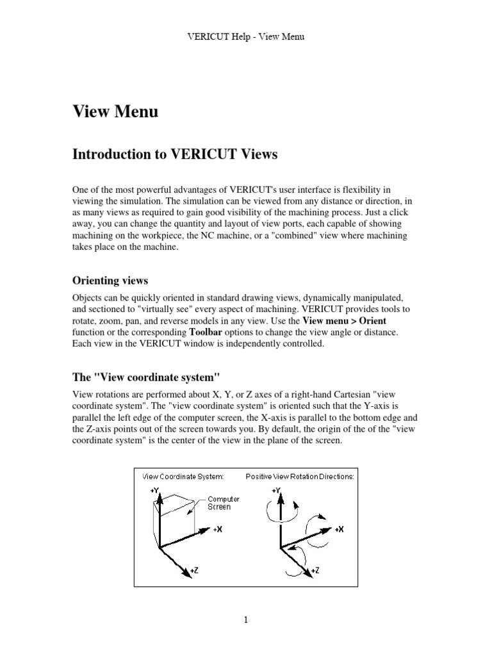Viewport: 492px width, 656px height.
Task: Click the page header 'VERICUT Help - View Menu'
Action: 245,37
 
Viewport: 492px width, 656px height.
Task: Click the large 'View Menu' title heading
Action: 115,112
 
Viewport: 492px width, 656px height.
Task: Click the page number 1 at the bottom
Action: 245,619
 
